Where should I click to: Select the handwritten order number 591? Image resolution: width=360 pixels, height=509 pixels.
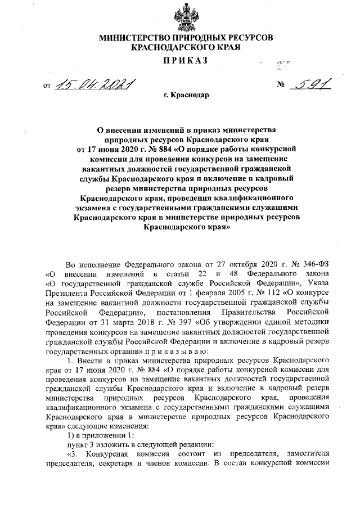[309, 84]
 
